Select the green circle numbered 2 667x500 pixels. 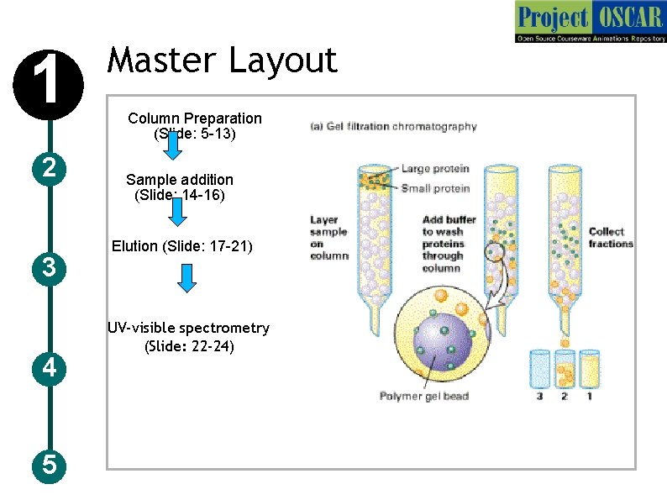pos(50,168)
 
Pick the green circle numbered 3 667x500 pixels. pos(50,268)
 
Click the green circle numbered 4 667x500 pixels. pos(50,368)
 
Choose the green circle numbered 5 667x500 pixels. pos(50,464)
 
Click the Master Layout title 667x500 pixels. pos(223,61)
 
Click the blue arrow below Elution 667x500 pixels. pos(187,278)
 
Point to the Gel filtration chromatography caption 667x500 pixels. pos(394,127)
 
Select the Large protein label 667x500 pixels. pos(434,169)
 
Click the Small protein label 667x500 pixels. pos(434,188)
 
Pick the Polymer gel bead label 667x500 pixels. pos(424,396)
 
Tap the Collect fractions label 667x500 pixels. pos(611,237)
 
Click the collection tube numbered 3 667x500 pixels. pos(540,370)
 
